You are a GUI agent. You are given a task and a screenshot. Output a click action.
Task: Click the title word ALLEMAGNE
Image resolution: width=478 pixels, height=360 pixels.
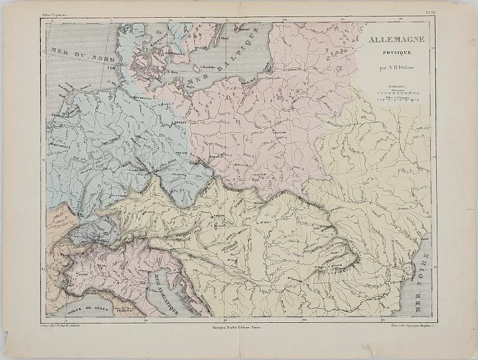pyautogui.click(x=396, y=39)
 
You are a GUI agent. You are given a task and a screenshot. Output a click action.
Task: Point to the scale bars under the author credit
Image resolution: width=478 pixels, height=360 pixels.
pyautogui.click(x=396, y=92)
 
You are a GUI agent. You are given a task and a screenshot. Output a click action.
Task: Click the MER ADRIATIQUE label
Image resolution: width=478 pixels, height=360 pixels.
pyautogui.click(x=167, y=293)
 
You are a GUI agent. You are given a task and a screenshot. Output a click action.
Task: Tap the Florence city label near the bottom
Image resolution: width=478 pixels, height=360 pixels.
pyautogui.click(x=124, y=310)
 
